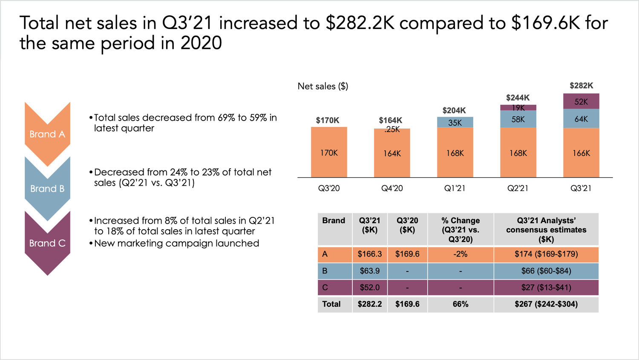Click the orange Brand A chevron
pyautogui.click(x=47, y=134)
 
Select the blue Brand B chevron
pyautogui.click(x=47, y=189)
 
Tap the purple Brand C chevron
pyautogui.click(x=47, y=243)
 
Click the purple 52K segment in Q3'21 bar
pyautogui.click(x=581, y=101)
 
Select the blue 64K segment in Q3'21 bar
pyautogui.click(x=581, y=119)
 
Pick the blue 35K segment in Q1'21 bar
pyautogui.click(x=455, y=122)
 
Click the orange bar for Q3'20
pyautogui.click(x=329, y=153)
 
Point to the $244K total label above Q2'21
pyautogui.click(x=518, y=98)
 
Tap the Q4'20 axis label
pyautogui.click(x=392, y=188)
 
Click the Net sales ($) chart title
pyautogui.click(x=323, y=86)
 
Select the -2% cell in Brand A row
pyautogui.click(x=461, y=254)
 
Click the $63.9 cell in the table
pyautogui.click(x=369, y=271)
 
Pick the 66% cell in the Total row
pyautogui.click(x=461, y=304)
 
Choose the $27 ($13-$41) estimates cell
pyautogui.click(x=546, y=288)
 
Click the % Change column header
pyautogui.click(x=461, y=230)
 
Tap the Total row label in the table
pyautogui.click(x=331, y=304)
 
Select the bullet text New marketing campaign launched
pyautogui.click(x=176, y=243)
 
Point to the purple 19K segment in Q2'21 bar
pyautogui.click(x=518, y=108)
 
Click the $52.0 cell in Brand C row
pyautogui.click(x=369, y=288)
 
